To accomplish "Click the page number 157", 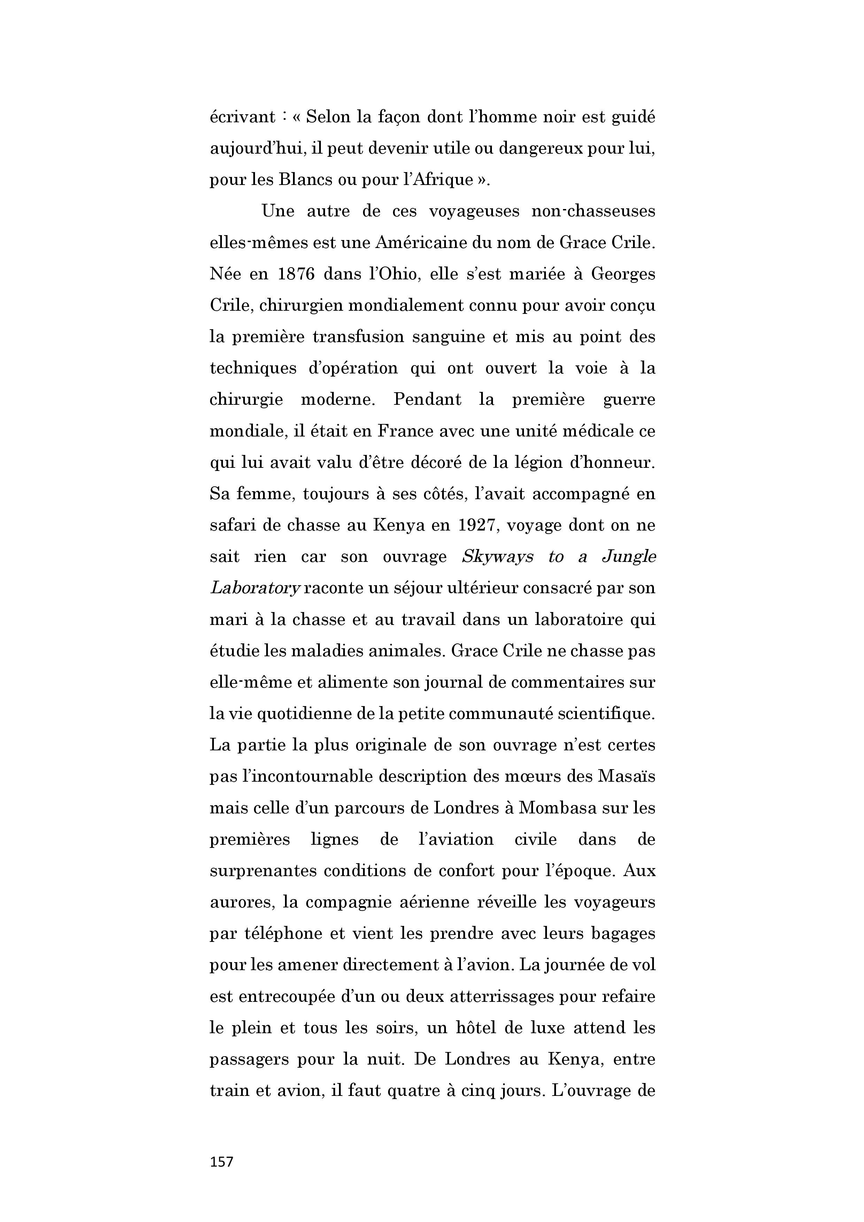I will [222, 1161].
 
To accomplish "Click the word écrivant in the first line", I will [242, 117].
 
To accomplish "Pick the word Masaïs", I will [626, 777].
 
